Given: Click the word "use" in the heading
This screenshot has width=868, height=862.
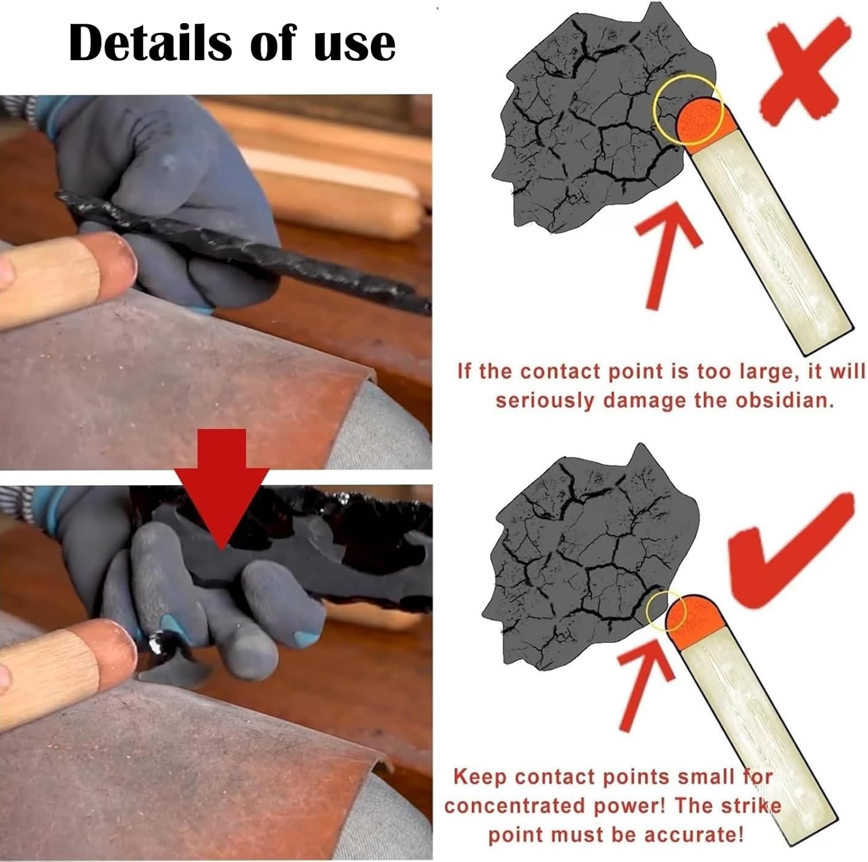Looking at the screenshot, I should [x=354, y=45].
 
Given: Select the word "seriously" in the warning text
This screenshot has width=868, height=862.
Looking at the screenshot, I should [x=544, y=400].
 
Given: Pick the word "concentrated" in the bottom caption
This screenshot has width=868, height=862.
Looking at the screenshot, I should [x=506, y=805].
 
